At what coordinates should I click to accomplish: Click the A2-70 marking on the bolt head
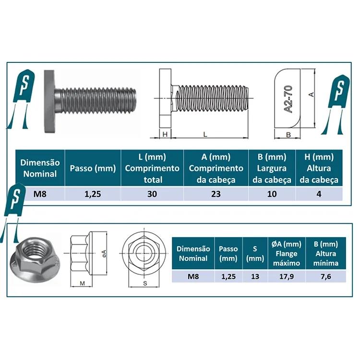click(x=289, y=99)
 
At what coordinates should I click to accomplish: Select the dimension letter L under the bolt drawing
click(x=205, y=134)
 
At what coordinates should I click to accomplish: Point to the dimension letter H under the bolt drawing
click(x=165, y=134)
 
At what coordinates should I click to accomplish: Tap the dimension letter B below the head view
click(x=288, y=135)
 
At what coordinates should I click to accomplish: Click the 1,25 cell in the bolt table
click(x=93, y=194)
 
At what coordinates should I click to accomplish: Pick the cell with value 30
click(x=152, y=194)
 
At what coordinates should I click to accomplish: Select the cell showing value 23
click(x=216, y=194)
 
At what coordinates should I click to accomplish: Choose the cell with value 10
click(x=272, y=194)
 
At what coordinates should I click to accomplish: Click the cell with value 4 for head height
click(x=319, y=194)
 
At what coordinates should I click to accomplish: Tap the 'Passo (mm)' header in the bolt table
click(x=93, y=168)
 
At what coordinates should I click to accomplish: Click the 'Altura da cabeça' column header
click(x=319, y=168)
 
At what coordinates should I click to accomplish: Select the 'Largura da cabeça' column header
click(x=272, y=168)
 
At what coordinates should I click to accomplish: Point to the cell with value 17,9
click(x=287, y=276)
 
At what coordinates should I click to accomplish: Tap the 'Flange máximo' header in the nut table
click(x=287, y=254)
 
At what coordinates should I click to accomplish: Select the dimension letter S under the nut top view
click(x=144, y=283)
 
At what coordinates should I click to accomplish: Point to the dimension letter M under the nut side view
click(x=82, y=283)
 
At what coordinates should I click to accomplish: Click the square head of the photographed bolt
click(x=49, y=101)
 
